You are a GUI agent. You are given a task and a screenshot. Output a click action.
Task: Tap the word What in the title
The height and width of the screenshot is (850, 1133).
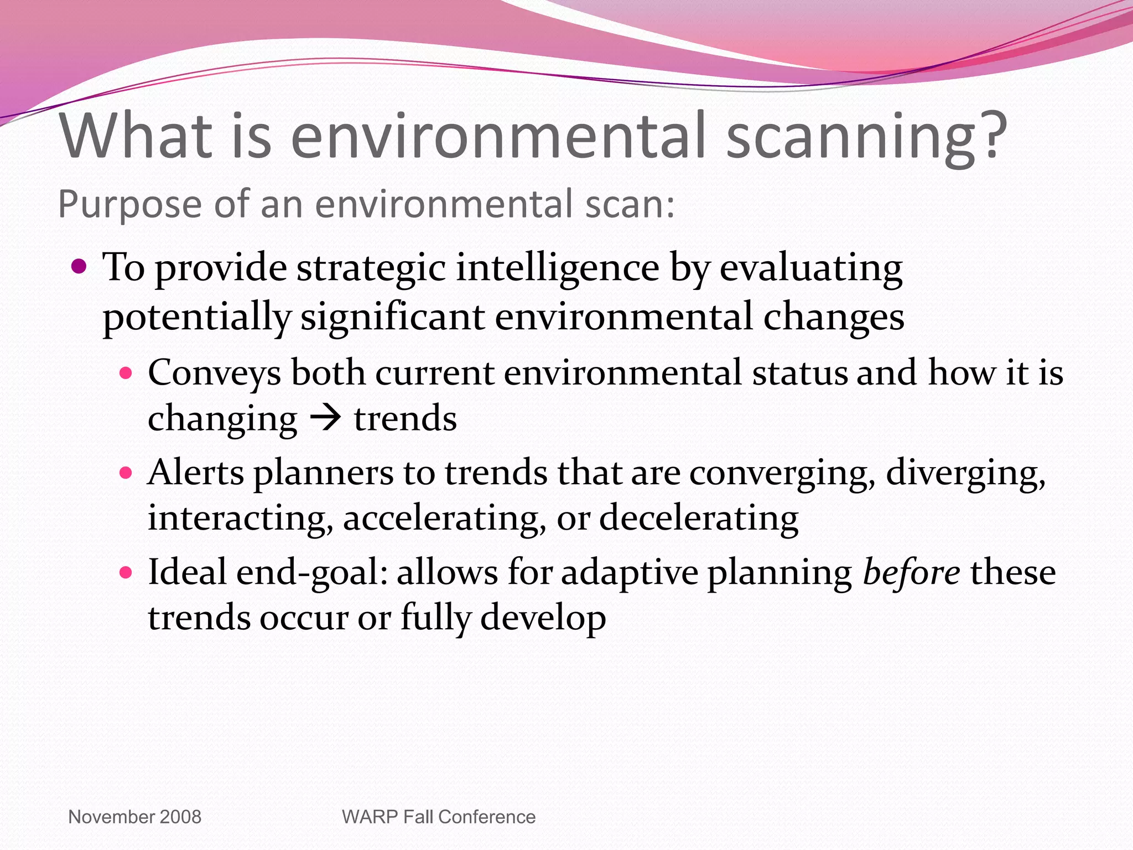[136, 136]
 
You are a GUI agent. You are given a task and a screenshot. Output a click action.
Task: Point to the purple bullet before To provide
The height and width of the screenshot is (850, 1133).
[80, 268]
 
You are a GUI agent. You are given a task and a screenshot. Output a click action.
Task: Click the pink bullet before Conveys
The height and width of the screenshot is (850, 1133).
[126, 373]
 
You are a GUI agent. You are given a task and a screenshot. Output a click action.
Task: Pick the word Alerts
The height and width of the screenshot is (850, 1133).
[196, 473]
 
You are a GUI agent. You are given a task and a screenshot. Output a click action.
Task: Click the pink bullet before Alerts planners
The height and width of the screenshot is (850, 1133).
[126, 473]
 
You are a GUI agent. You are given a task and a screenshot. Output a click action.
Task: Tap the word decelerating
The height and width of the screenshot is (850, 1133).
[699, 519]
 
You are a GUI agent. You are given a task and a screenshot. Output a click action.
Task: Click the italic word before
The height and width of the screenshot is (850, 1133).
[912, 572]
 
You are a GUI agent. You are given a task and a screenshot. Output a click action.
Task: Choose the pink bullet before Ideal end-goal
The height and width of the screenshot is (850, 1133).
[126, 572]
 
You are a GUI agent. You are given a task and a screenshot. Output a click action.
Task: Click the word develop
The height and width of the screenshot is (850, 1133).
[543, 619]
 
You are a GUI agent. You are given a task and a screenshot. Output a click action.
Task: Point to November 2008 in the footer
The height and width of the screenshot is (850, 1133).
[134, 817]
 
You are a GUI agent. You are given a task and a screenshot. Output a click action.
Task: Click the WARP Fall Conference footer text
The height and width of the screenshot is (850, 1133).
[439, 817]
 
